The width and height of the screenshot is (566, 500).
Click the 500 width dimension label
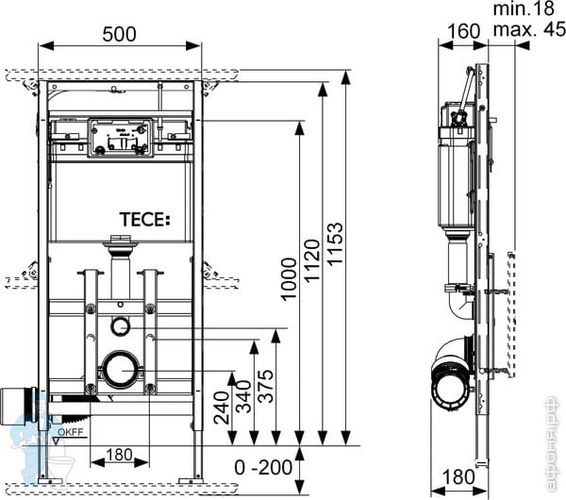click(120, 34)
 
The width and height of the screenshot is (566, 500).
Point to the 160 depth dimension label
click(464, 30)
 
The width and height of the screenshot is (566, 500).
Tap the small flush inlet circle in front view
click(120, 326)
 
